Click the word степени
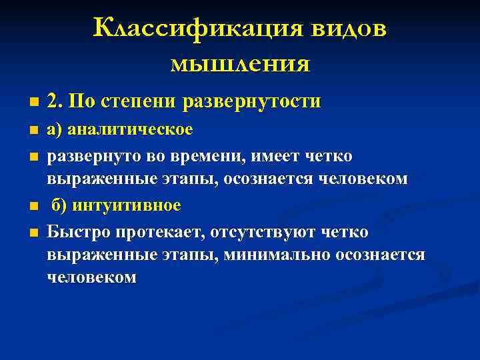141,102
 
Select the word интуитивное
126,205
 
